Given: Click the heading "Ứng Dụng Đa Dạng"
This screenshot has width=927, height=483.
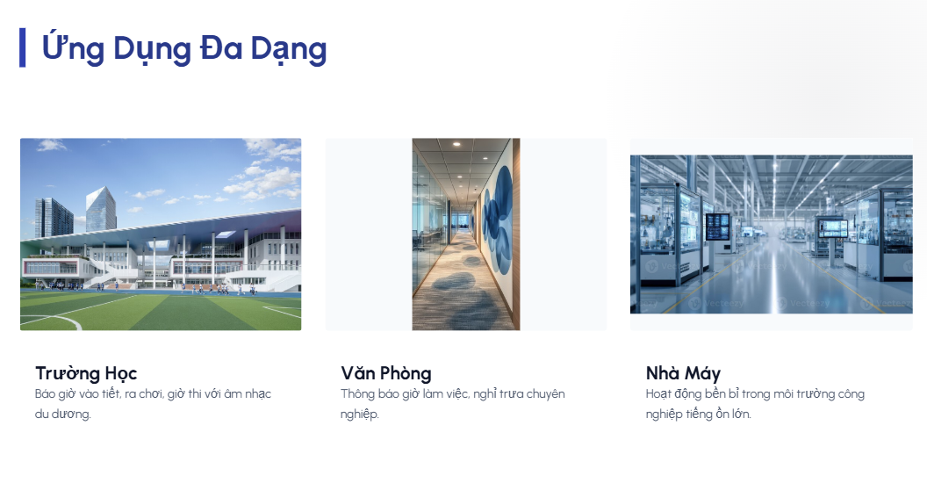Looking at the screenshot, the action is [x=183, y=48].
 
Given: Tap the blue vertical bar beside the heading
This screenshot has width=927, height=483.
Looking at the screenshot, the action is [x=23, y=47].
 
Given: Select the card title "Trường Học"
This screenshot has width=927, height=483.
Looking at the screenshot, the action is [x=86, y=373].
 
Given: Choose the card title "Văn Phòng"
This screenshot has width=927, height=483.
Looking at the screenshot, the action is [x=386, y=373].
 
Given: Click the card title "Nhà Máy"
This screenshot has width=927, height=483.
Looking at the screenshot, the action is [x=683, y=373].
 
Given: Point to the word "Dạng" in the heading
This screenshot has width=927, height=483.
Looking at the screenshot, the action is [x=289, y=49].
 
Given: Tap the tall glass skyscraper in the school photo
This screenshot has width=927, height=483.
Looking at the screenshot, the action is [x=100, y=209].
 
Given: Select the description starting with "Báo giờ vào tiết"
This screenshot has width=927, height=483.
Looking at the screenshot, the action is [x=153, y=403].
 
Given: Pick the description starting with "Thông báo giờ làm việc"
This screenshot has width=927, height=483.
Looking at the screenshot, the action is [x=452, y=403].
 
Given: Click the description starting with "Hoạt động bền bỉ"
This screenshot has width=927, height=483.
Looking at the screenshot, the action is [x=755, y=403].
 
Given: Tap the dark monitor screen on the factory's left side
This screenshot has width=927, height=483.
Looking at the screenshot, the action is [x=718, y=227].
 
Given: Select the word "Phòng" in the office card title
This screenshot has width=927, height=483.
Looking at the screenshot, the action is [x=406, y=373].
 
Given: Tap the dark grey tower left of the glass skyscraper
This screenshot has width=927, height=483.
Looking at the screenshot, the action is [x=54, y=218].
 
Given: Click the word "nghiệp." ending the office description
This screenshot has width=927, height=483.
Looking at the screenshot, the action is [x=359, y=414].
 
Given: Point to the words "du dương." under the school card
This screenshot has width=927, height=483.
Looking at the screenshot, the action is [x=62, y=414].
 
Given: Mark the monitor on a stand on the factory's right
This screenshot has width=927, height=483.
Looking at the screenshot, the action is [x=833, y=228].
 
